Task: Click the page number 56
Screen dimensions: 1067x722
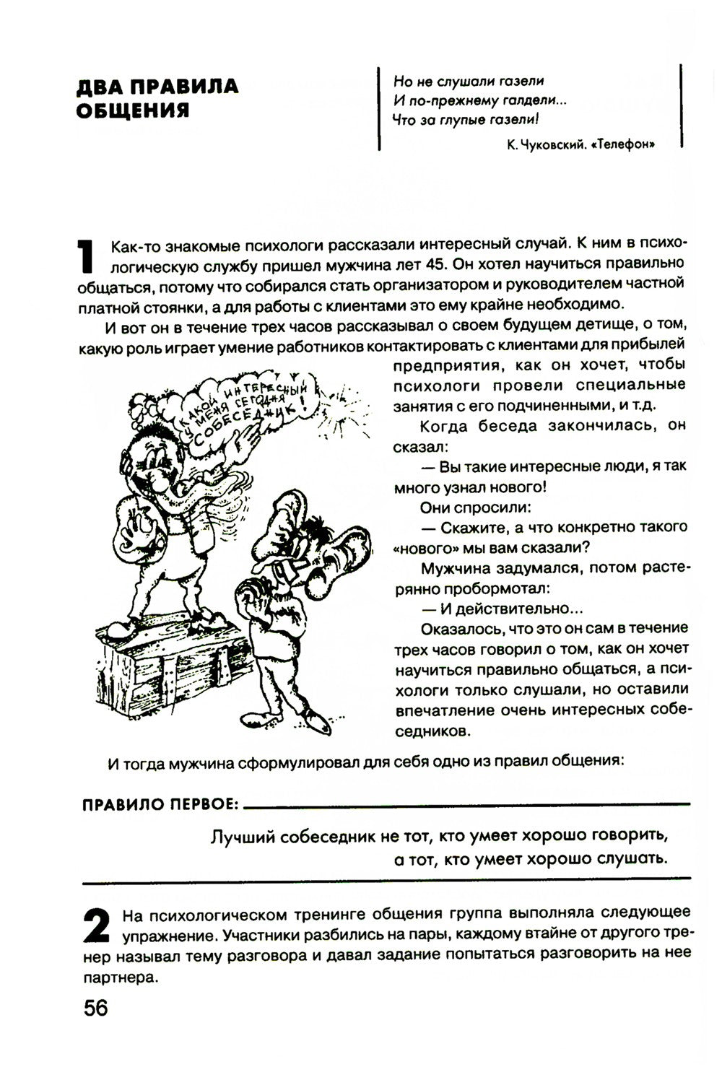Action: [x=95, y=1008]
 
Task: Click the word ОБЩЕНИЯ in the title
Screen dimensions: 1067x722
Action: [x=133, y=110]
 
